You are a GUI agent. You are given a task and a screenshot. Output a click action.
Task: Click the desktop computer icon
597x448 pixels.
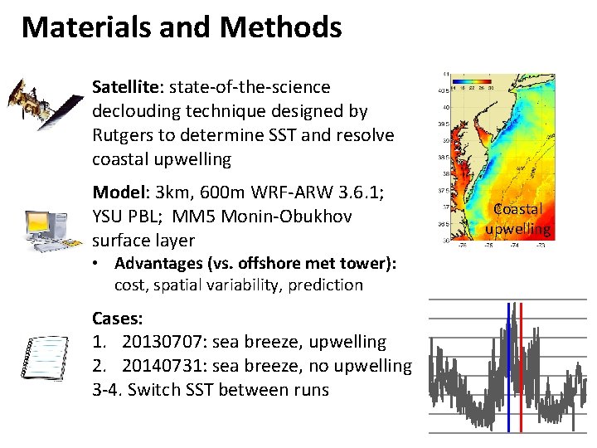[x=46, y=223]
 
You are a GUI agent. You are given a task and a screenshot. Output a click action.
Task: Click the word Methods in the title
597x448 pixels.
[x=281, y=27]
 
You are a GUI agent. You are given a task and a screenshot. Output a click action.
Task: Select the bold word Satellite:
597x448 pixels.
[x=125, y=87]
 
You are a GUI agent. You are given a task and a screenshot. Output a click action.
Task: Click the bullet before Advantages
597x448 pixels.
[x=97, y=264]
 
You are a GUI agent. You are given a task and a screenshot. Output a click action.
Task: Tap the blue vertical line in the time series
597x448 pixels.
[x=508, y=365]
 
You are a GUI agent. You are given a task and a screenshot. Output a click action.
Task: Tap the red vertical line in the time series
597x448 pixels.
[x=521, y=365]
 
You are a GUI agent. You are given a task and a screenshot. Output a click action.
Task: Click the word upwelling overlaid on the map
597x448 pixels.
[x=518, y=228]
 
